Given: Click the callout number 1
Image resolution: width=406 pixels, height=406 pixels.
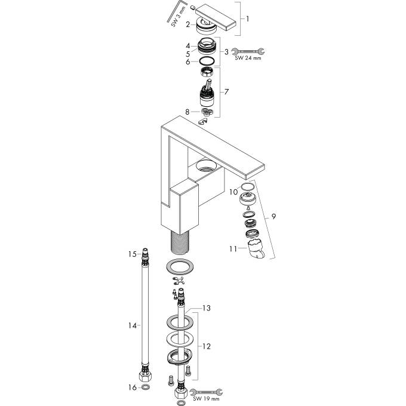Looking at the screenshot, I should pos(248,19).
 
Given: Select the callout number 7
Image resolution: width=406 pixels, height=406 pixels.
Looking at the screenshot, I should pos(226,92).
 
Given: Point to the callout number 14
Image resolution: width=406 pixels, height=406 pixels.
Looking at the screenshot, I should pos(133,325).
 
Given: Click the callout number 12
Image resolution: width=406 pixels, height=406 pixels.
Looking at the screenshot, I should pos(207,346).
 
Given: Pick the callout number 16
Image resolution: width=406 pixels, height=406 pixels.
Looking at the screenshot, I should pos(133,387).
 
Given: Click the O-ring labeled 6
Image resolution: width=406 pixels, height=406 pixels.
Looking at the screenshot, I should pos(207,61).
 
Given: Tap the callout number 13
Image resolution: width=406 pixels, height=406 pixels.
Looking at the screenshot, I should pos(207,308).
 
